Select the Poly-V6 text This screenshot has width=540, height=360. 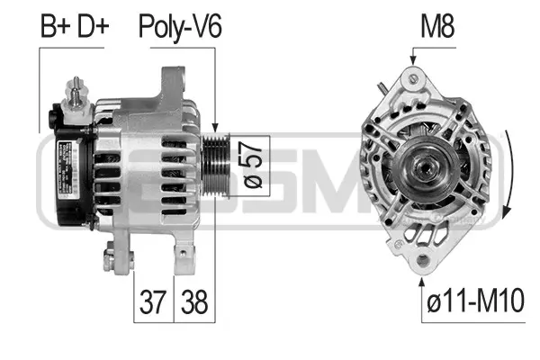tap(179, 28)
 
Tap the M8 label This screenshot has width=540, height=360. tap(437, 28)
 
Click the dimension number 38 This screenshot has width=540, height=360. tap(194, 302)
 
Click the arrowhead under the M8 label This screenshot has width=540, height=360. tap(412, 61)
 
